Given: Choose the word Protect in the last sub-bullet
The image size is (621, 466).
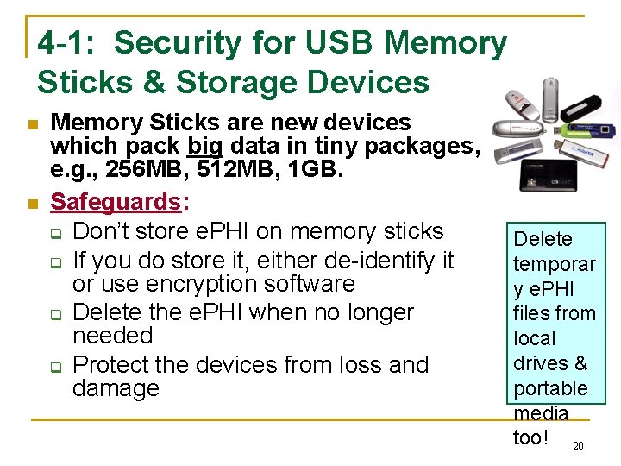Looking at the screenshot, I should (x=116, y=365).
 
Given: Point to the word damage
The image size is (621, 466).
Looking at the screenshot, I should (x=116, y=388).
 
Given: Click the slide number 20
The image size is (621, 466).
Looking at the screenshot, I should (x=578, y=446).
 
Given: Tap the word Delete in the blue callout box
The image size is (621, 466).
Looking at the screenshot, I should (x=543, y=239).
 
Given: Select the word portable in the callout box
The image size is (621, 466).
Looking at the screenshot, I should (x=549, y=388).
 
